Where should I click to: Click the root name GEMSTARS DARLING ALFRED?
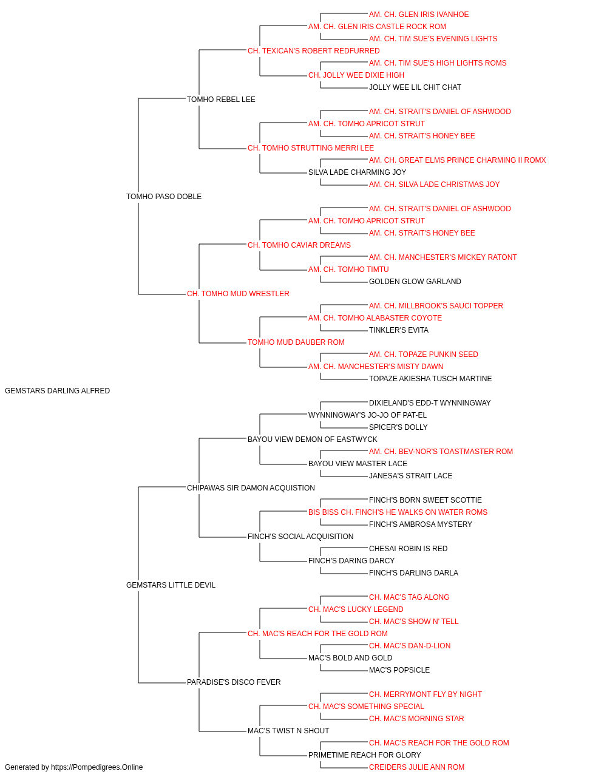tap(57, 391)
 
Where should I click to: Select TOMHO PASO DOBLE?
tap(164, 197)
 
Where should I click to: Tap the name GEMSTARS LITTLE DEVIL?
tap(171, 585)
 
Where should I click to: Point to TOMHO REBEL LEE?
tap(221, 100)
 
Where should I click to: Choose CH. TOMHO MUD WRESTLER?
tap(238, 294)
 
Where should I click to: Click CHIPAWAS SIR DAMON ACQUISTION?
tap(251, 488)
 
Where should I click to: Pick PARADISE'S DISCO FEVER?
tap(234, 682)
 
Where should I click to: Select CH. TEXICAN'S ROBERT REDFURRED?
tap(313, 51)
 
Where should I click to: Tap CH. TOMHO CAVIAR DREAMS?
tap(299, 245)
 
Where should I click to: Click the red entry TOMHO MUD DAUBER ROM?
tap(296, 342)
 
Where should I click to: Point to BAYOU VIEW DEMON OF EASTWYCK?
tap(313, 439)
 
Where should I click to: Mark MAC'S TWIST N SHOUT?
tap(288, 731)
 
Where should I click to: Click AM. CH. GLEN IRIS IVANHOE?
tap(419, 15)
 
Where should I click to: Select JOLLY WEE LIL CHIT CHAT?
tap(415, 87)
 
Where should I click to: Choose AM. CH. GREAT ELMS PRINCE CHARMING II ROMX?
tap(457, 160)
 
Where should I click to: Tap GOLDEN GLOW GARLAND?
tap(415, 282)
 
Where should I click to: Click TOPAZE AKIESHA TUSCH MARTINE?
tap(430, 379)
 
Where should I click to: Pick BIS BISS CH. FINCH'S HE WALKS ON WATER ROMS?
tap(398, 512)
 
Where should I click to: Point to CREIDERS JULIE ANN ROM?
tap(416, 767)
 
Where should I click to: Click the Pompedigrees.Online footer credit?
tap(73, 767)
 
